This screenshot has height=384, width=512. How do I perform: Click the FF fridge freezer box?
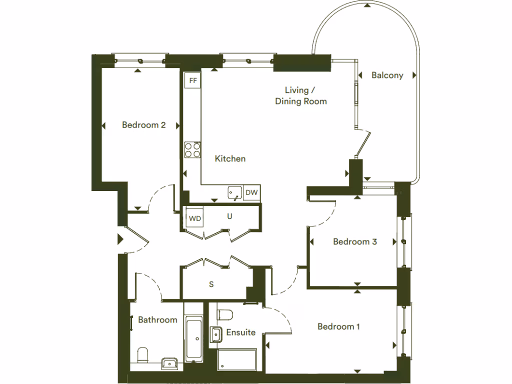[x=192, y=80]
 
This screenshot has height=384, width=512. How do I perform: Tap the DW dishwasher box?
[x=252, y=192]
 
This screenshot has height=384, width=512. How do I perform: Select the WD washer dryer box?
[x=194, y=218]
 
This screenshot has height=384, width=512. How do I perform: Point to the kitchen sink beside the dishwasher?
[x=234, y=192]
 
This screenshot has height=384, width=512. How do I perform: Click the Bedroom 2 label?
[x=143, y=125]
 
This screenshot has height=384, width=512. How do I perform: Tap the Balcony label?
[x=387, y=75]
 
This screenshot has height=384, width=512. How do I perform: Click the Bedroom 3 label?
[x=354, y=242]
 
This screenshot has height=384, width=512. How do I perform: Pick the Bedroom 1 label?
[x=338, y=326]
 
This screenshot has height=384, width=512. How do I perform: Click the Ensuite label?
[x=240, y=332]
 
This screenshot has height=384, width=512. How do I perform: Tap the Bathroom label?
[x=157, y=320]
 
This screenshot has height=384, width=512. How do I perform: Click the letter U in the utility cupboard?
[x=229, y=216]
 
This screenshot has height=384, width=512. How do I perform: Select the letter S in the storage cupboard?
[x=211, y=284]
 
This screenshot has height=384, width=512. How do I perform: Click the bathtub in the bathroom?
[x=193, y=338]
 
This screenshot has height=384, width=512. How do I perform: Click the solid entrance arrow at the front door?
[x=120, y=240]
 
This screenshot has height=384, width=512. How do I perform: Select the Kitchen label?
[x=230, y=159]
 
